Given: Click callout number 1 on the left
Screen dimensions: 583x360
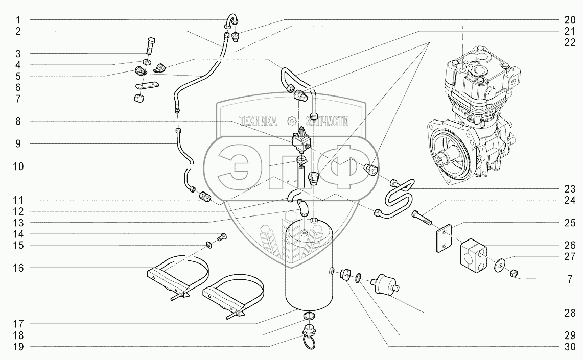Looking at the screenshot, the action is tap(18, 20).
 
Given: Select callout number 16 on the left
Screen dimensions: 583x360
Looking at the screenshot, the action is tap(18, 268).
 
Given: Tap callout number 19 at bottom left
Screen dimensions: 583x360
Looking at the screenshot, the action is tap(18, 347).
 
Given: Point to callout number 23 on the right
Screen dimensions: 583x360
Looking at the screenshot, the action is tap(570, 189).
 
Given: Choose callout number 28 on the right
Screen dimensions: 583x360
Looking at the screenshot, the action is tap(570, 313).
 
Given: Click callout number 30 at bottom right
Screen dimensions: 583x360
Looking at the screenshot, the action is tap(570, 347).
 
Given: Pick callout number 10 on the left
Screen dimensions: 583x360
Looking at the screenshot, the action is tap(18, 166).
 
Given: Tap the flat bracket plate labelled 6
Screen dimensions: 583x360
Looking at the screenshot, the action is tap(147, 85).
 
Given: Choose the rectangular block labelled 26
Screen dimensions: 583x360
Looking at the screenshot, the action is tap(473, 254).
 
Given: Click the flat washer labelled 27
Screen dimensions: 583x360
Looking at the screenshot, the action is tap(500, 265).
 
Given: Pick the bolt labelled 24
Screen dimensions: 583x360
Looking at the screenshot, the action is tap(421, 218).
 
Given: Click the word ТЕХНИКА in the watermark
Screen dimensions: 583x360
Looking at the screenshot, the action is tap(258, 121).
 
